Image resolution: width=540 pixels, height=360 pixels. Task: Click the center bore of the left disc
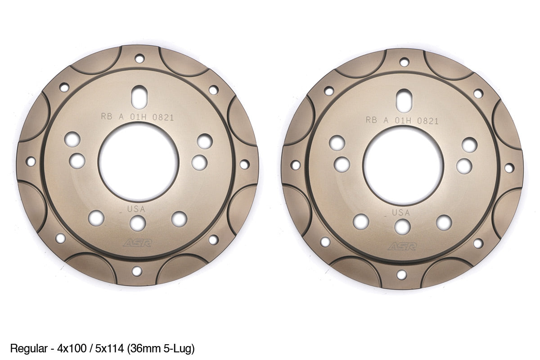click(x=138, y=162)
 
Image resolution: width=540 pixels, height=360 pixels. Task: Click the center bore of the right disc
click(x=403, y=165)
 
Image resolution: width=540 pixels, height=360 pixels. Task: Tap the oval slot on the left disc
click(x=139, y=95)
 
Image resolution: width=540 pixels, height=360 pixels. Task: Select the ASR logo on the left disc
click(x=138, y=243)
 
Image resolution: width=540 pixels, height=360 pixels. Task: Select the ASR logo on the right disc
click(x=402, y=247)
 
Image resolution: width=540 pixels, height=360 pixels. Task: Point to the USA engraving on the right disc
click(x=401, y=212)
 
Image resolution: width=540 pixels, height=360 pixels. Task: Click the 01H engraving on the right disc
click(x=404, y=121)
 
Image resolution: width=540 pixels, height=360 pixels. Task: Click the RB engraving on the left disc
click(x=107, y=117)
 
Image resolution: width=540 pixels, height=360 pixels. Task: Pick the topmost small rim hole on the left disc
click(x=139, y=58)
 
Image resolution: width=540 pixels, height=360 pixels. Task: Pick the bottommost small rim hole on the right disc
click(x=401, y=274)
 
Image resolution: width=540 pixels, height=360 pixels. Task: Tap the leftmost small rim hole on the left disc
click(x=31, y=161)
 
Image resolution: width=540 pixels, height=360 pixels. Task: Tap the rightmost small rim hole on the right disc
click(x=509, y=168)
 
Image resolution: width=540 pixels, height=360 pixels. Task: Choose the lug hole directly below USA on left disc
click(x=138, y=223)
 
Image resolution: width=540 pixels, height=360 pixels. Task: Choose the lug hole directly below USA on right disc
click(x=402, y=226)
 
